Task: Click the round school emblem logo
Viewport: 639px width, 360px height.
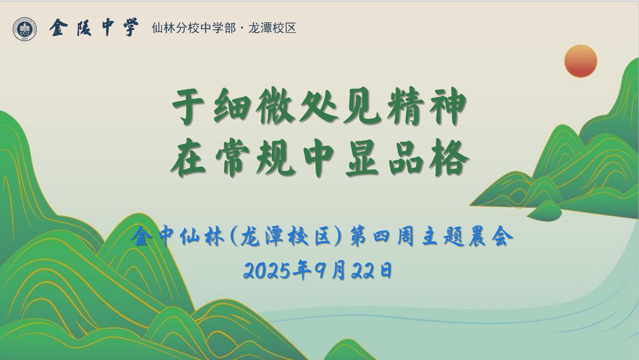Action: pyautogui.click(x=25, y=29)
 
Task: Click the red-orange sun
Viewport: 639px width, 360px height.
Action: pyautogui.click(x=580, y=61)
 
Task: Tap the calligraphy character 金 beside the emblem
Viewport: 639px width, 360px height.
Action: pyautogui.click(x=59, y=28)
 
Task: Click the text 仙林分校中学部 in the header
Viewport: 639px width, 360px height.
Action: pyautogui.click(x=193, y=28)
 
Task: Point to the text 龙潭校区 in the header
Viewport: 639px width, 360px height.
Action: pyautogui.click(x=272, y=28)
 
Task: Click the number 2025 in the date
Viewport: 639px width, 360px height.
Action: pyautogui.click(x=267, y=270)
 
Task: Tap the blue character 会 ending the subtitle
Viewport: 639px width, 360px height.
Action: pyautogui.click(x=502, y=236)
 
